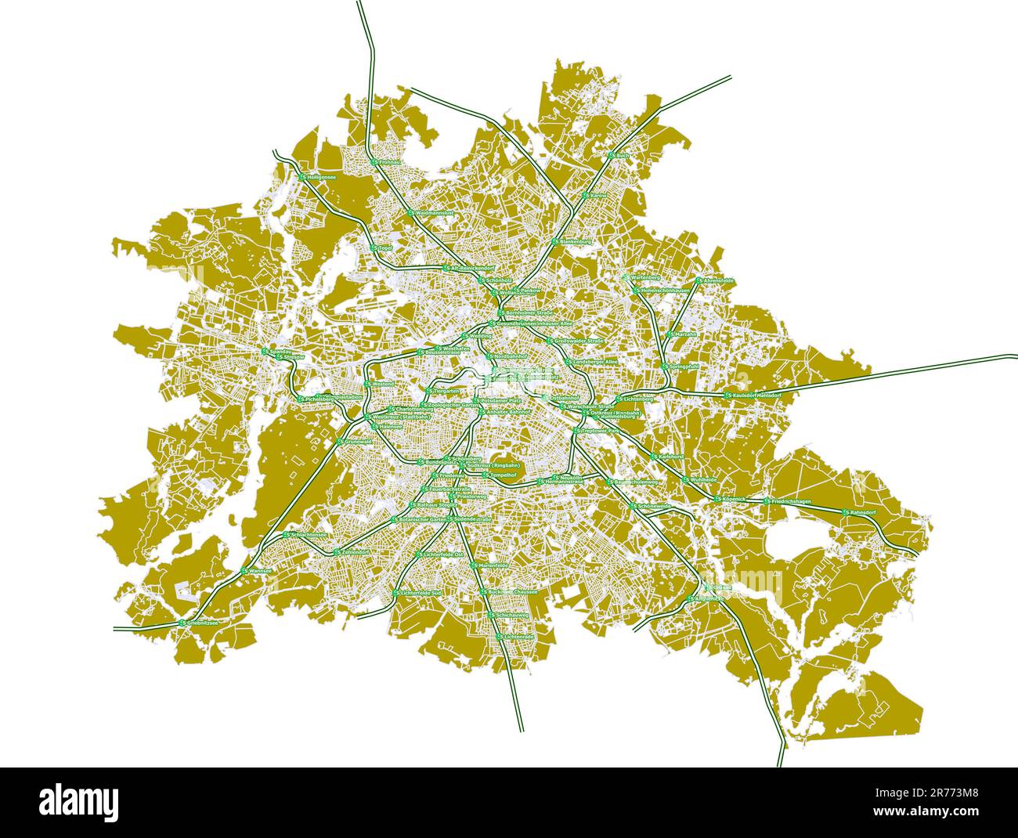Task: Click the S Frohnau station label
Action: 387,162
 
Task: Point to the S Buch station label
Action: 619,156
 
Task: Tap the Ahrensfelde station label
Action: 715,280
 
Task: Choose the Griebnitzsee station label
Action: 199,623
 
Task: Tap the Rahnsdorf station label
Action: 859,512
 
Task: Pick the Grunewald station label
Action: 355,442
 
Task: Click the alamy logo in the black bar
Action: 79,802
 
